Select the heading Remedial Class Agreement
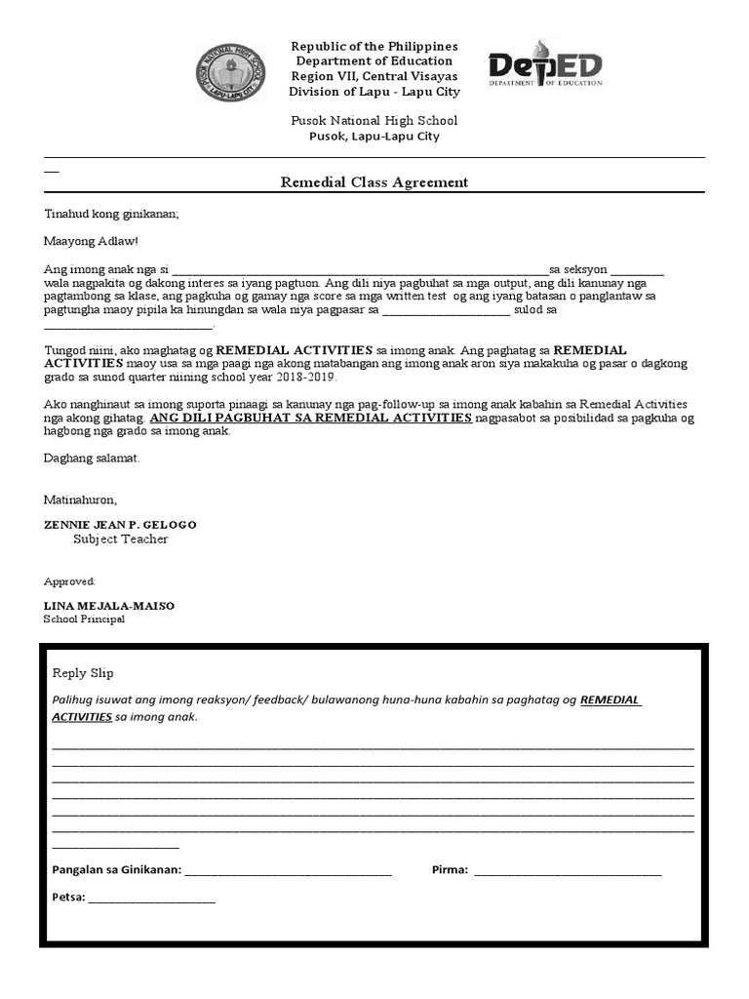[374, 182]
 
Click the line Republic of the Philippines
[374, 47]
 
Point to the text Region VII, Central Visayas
[374, 77]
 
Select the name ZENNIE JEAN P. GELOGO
[120, 525]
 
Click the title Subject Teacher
[120, 539]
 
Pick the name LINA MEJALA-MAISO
[109, 606]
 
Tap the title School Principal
[85, 619]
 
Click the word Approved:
[69, 581]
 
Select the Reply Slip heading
[83, 673]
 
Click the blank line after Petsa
[152, 899]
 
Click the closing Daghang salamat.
[92, 458]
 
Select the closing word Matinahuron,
[80, 499]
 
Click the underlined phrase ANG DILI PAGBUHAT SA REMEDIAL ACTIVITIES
[311, 418]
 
